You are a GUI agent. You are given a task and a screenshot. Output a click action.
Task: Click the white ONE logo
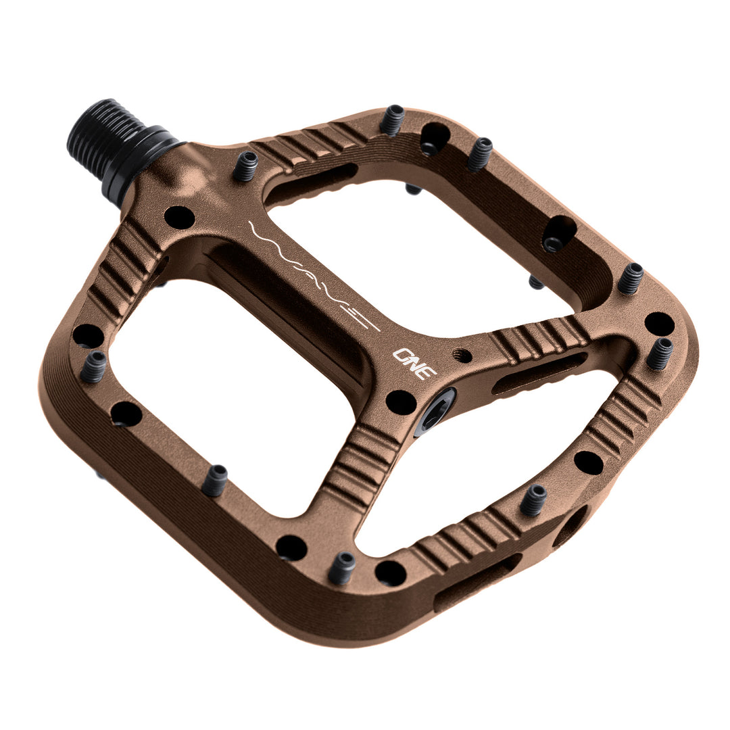[415, 363]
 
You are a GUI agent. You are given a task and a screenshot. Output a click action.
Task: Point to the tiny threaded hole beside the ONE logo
[462, 354]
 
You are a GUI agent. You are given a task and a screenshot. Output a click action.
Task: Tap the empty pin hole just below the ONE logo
[400, 401]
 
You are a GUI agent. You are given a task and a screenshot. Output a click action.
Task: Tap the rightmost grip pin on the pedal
[660, 354]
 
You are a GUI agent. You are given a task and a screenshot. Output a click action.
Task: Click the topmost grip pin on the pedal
[392, 120]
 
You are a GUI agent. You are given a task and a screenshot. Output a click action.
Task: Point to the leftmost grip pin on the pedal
[94, 366]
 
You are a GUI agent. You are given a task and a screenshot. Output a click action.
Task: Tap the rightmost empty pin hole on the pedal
[660, 323]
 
